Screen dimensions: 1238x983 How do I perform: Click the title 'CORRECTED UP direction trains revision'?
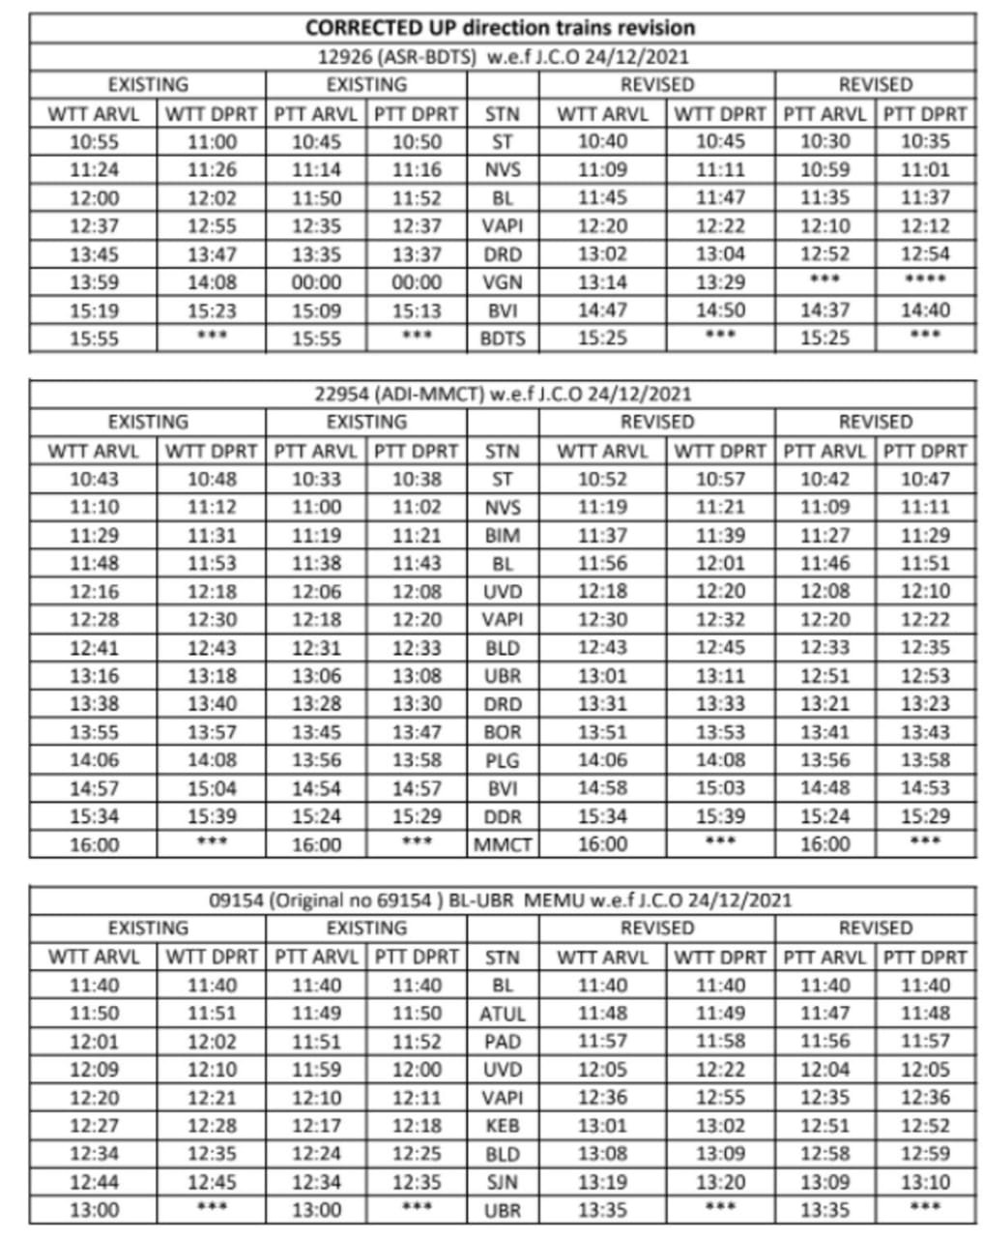point(500,28)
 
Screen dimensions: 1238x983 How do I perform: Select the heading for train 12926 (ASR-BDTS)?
point(503,57)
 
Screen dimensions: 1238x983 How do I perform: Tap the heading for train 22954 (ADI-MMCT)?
point(503,394)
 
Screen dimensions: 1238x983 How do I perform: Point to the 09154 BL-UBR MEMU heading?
point(501,900)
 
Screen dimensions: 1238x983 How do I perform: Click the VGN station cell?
point(502,283)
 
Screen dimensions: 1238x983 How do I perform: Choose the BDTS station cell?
point(502,339)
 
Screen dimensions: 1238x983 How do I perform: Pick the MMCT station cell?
point(502,845)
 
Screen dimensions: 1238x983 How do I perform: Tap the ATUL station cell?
point(502,1015)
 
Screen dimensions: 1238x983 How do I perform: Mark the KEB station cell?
point(502,1126)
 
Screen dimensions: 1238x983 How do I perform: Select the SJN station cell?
point(502,1182)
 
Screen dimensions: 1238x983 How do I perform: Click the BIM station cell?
point(502,536)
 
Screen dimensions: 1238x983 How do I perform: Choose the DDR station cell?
point(502,817)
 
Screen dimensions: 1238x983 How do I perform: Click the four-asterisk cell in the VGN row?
point(925,281)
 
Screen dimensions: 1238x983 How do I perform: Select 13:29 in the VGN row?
point(720,282)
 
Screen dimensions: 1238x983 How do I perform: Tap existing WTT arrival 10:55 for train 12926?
point(94,142)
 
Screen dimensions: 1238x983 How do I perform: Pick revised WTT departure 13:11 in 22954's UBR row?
point(720,676)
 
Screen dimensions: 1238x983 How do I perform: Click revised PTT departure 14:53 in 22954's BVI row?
point(925,788)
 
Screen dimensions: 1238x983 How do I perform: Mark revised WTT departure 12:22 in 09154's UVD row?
point(720,1070)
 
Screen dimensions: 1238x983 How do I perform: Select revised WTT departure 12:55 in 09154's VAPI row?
point(720,1098)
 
